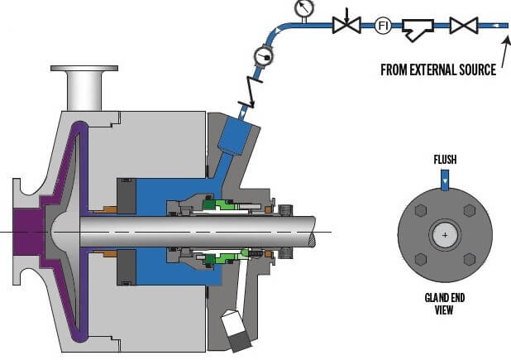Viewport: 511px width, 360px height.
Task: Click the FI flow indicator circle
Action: click(x=383, y=26)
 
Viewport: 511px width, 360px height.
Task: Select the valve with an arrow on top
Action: click(x=345, y=25)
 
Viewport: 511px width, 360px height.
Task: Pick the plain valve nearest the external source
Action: click(x=463, y=26)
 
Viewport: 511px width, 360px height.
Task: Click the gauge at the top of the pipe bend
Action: click(x=303, y=8)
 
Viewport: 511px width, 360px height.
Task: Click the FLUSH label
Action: click(x=446, y=158)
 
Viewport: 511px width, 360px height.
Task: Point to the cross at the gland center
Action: click(x=446, y=235)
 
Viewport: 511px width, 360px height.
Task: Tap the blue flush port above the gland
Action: click(x=446, y=181)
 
